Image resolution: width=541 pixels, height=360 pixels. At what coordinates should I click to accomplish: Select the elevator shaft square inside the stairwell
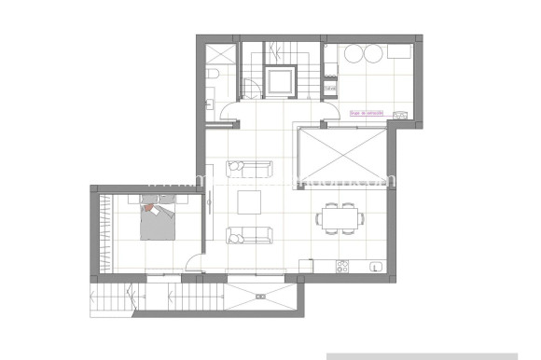coord(279,81)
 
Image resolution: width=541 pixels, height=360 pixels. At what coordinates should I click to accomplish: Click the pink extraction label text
coord(367,113)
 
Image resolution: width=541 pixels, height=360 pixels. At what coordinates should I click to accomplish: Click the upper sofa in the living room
coord(249,168)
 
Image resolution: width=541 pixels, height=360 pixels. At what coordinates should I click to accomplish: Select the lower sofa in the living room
coord(249,235)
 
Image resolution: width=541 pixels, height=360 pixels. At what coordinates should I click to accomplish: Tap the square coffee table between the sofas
coord(250,201)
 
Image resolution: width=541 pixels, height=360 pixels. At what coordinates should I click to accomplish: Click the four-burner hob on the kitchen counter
coord(343,265)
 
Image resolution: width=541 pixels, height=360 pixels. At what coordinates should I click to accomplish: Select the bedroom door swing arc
coord(193,264)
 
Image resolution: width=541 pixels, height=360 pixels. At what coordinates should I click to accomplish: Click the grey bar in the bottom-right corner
coord(433,356)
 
